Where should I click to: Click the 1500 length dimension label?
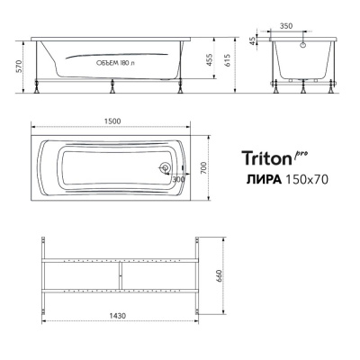point(112,121)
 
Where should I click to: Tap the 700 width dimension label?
point(203,168)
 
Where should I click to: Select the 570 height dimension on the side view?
point(19,67)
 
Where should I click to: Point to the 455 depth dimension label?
point(210,60)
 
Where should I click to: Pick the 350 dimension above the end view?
point(286,26)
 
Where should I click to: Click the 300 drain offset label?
point(178,179)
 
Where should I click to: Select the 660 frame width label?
point(219,276)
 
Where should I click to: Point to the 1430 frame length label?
point(118,316)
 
